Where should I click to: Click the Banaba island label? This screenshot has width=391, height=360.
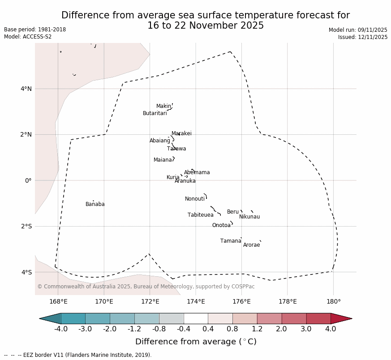95,204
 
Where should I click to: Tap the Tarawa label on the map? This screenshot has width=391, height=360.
176,149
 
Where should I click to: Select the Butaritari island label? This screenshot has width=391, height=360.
155,113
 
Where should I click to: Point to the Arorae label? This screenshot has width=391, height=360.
251,245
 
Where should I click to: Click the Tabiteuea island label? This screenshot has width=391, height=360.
200,215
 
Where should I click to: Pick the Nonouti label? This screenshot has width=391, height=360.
195,199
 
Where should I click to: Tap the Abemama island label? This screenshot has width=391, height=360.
197,172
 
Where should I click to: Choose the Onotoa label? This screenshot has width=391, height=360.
221,225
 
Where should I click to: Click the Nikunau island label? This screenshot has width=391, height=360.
249,217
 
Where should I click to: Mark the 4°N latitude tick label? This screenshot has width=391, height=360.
26,89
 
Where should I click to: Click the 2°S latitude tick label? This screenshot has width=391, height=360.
26,226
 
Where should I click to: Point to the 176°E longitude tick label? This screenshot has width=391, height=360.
241,301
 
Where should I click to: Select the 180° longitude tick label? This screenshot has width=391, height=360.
333,301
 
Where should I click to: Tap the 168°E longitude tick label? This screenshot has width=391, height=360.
58,301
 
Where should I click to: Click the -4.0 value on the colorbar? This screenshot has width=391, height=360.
61,329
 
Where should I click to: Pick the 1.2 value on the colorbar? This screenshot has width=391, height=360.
257,329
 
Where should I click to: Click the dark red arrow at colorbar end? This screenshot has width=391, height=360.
341,318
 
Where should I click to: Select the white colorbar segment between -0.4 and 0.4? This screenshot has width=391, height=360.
196,318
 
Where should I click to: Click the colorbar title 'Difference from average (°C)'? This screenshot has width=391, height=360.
196,342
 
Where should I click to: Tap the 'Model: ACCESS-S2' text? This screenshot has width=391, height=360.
28,37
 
